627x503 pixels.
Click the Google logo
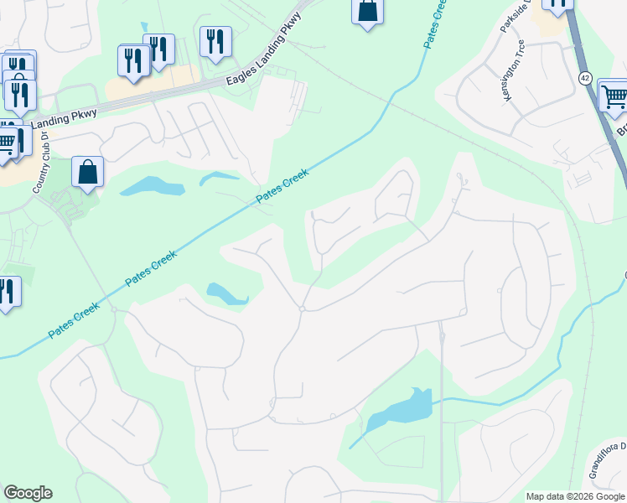28,493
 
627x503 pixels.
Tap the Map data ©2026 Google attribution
575,496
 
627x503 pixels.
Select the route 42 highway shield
585,77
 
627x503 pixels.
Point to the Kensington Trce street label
513,71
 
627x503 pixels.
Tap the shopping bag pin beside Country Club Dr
87,173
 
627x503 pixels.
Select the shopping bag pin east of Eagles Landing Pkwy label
367,11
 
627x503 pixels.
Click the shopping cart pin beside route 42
614,96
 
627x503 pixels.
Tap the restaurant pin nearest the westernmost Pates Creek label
7,291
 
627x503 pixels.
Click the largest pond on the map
400,408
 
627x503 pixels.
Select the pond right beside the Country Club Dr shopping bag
152,185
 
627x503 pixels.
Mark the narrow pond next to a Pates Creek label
218,179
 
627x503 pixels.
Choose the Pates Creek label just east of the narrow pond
282,186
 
